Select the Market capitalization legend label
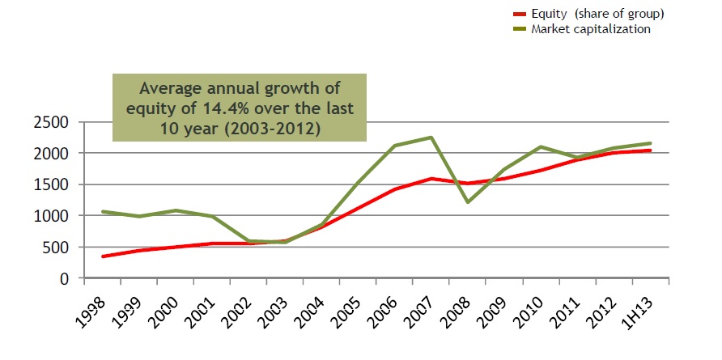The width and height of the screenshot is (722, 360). tap(591, 29)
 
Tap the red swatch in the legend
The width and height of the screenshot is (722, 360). tap(520, 15)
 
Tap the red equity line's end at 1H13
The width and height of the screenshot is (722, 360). tap(650, 150)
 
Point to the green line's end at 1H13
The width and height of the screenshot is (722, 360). tap(650, 143)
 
